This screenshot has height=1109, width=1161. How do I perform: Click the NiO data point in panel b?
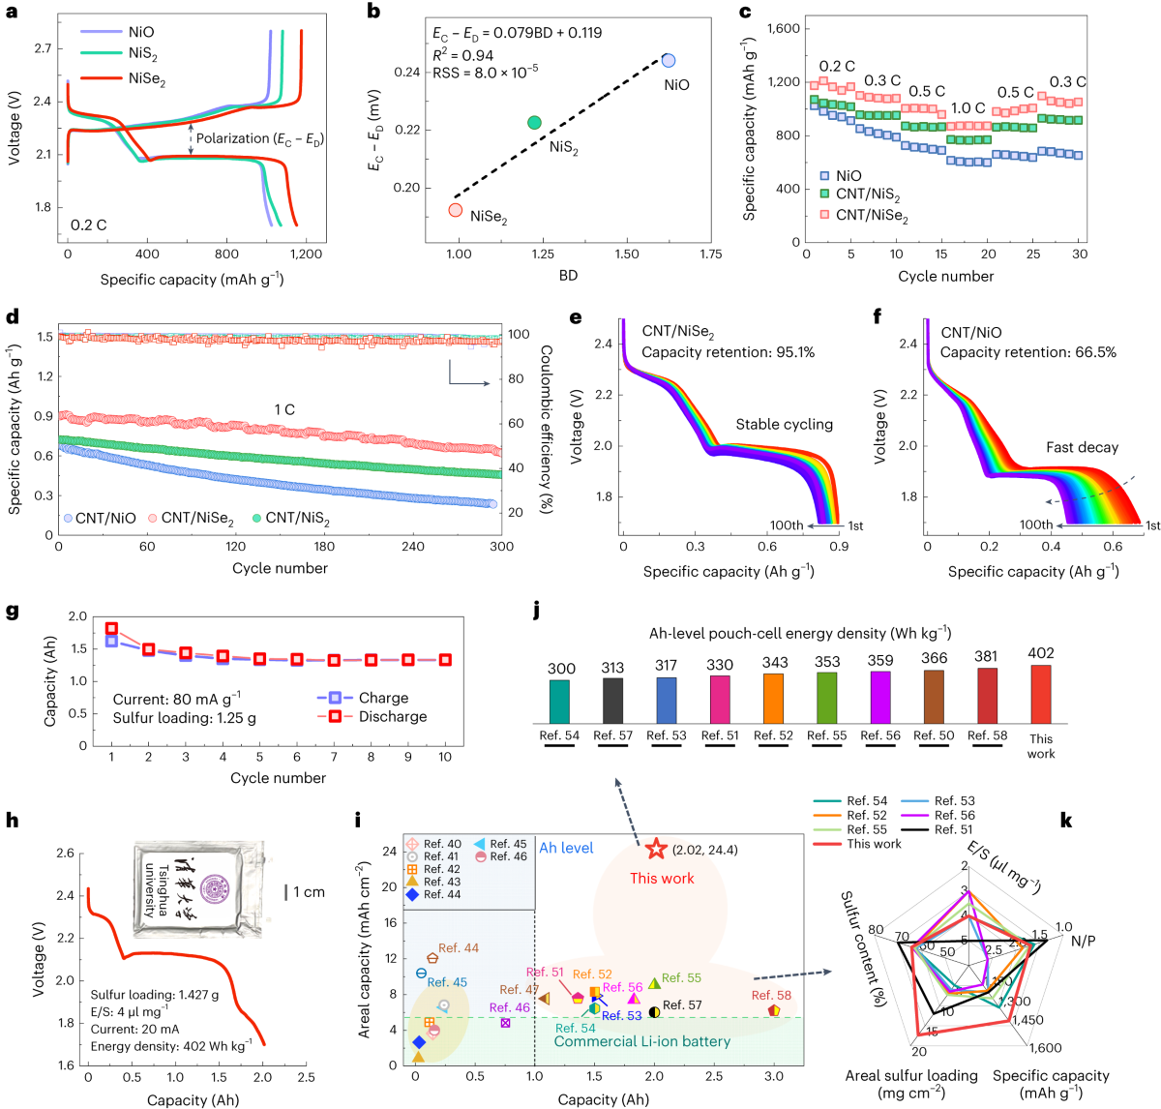coord(669,60)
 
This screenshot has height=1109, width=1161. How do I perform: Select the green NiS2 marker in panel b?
coord(534,122)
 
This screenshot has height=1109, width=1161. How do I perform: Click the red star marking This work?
coord(656,849)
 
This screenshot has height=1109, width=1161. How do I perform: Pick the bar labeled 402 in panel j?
coord(1041,693)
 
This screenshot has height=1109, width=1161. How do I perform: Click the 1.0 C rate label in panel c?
coord(967,108)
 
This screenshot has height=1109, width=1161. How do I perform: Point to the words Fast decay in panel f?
coord(1082,447)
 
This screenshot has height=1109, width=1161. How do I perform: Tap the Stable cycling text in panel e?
coord(784,424)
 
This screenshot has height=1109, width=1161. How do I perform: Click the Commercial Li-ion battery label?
coord(642,1041)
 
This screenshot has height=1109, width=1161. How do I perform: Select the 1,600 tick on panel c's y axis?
coord(783,28)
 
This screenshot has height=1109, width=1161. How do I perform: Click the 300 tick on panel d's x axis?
coord(501,547)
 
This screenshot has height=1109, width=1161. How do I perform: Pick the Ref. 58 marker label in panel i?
coord(771,995)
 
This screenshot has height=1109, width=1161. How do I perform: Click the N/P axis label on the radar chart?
coord(1084,941)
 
